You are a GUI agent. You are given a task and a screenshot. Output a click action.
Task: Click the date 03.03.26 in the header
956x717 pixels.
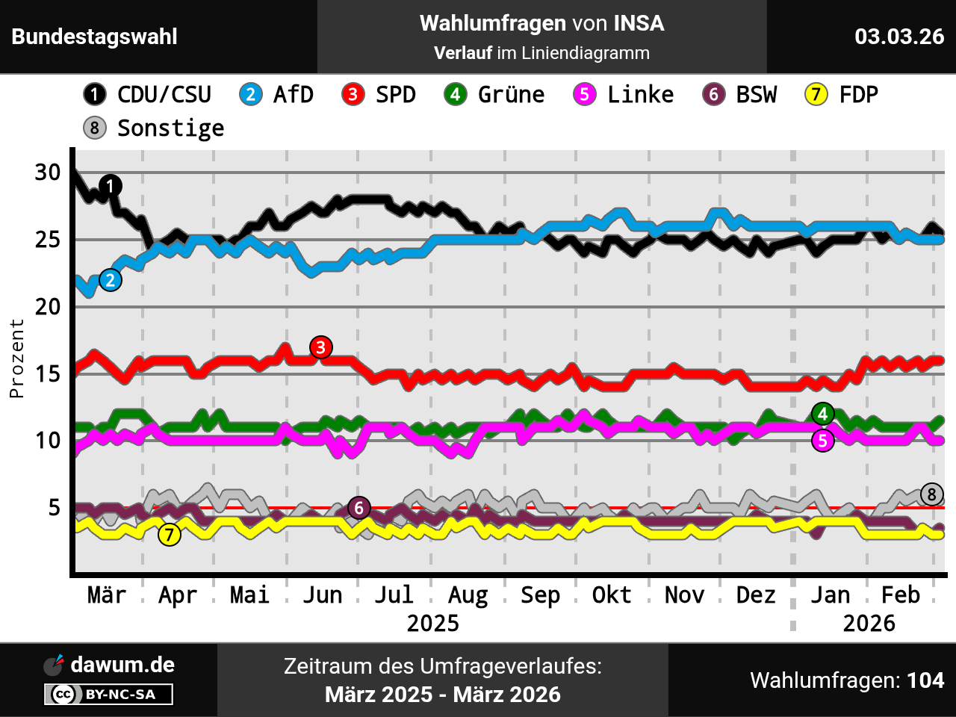[x=899, y=37]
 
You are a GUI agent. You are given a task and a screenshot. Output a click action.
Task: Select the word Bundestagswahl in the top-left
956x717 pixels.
[x=95, y=37]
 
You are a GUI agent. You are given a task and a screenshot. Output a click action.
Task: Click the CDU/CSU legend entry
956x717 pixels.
[x=148, y=94]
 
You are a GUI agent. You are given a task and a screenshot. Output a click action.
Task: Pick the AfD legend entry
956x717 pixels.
[x=277, y=94]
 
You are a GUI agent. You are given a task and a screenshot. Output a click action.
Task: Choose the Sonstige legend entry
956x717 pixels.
[x=154, y=128]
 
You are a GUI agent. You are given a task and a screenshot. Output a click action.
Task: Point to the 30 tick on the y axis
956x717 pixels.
[x=48, y=173]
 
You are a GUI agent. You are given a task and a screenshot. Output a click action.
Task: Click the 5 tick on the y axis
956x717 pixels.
[x=55, y=508]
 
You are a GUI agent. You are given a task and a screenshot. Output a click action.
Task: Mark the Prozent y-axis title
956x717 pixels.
[x=17, y=358]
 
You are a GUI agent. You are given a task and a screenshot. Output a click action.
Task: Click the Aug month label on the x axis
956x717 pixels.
[x=468, y=595]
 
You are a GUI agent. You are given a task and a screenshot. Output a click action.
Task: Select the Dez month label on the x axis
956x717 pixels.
[x=756, y=595]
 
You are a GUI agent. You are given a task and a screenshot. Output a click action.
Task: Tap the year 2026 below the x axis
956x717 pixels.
[x=869, y=623]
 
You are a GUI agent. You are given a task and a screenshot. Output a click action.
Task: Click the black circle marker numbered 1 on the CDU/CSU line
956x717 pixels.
[x=111, y=186]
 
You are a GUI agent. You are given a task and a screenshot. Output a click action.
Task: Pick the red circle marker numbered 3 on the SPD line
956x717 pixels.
[x=321, y=347]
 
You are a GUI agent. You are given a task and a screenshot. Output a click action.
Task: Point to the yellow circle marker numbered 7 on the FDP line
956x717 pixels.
[x=170, y=535]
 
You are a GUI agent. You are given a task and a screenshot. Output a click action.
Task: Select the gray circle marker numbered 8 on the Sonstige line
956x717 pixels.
[x=932, y=494]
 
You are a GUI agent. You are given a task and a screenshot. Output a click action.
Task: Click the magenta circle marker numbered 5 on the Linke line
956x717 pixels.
[x=823, y=441]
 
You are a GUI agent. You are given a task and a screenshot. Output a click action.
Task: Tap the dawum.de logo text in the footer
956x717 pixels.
[x=122, y=665]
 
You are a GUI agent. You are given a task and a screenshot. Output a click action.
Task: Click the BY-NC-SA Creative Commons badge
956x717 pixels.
[x=109, y=695]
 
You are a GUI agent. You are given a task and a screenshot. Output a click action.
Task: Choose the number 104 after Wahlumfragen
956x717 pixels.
[x=925, y=680]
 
